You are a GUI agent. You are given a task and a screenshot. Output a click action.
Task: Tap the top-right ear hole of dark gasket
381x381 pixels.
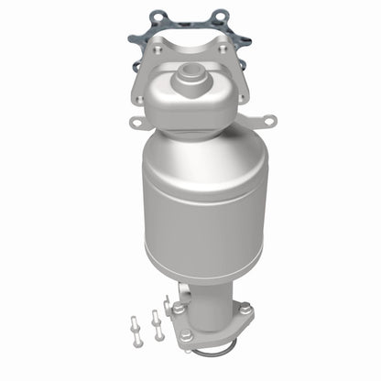pos(221,15)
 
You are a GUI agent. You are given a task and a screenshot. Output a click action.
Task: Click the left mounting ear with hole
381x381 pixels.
pos(136,122)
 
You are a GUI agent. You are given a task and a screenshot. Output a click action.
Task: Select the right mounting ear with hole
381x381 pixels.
pos(267,119)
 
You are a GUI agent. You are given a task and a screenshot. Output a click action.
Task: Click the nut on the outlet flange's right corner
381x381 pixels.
pos(245,310)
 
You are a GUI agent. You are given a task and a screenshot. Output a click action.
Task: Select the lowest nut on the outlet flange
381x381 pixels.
pos(187,336)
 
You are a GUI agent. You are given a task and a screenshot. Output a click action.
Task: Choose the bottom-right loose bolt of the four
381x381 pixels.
pos(161,332)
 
